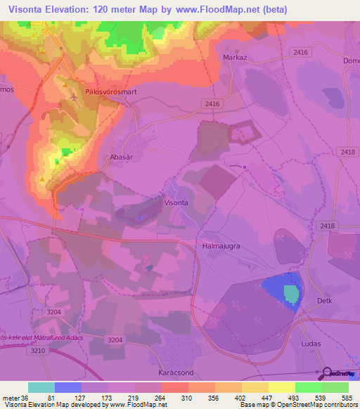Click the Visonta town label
tap(176, 202)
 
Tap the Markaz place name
tap(233, 58)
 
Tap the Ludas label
tap(310, 344)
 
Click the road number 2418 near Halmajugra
tap(327, 226)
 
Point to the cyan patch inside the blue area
tap(290, 293)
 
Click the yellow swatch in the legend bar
tap(281, 387)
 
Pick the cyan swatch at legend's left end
tap(41, 387)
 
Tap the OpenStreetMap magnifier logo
tap(327, 373)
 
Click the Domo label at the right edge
tap(350, 61)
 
